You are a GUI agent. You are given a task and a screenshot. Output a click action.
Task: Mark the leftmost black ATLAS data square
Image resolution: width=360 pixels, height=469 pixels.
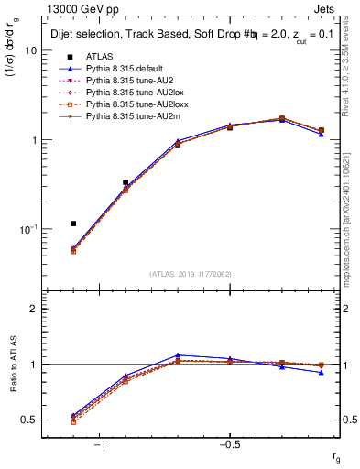(73, 224)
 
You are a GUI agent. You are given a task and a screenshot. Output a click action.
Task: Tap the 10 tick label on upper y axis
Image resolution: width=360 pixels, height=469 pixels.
(30, 50)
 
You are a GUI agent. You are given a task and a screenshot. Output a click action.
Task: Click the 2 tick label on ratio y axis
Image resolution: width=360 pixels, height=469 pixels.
(34, 309)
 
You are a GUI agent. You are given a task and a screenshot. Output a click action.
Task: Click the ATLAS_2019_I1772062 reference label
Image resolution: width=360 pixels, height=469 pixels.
(191, 274)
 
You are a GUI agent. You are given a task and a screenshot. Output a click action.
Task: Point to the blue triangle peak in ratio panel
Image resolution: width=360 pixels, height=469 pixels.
(178, 354)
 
